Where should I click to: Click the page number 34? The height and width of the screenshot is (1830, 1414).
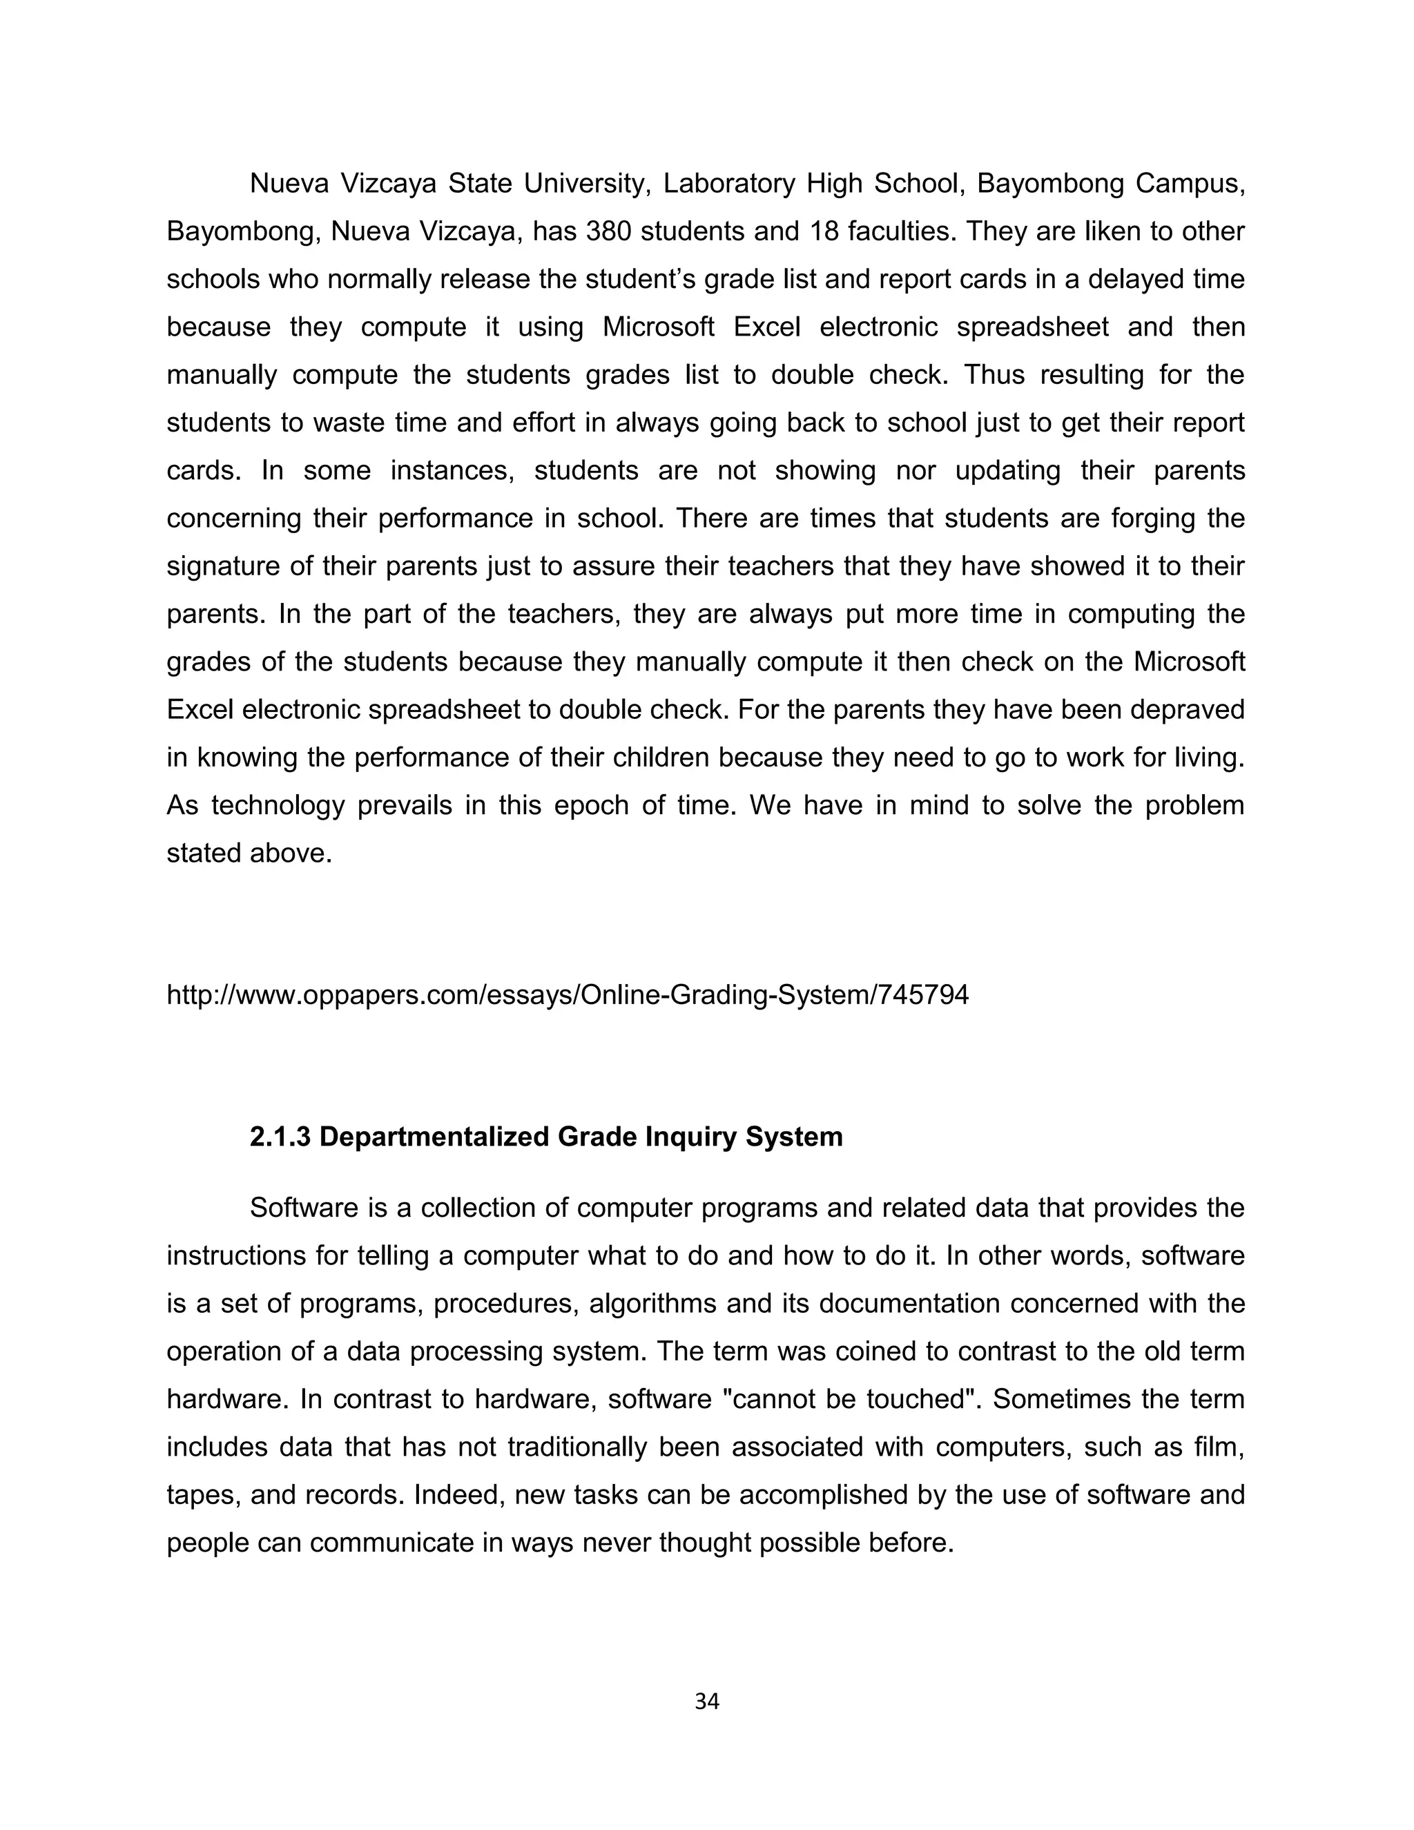coord(707,1702)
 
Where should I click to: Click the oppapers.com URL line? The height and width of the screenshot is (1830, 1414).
coord(567,994)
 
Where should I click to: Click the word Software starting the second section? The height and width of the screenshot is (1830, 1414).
coord(304,1208)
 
